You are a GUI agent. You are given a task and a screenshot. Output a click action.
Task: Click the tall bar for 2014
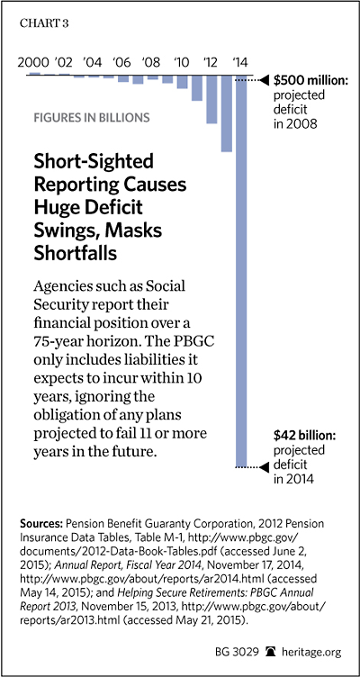241,271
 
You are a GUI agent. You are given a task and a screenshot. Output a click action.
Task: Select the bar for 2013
227,113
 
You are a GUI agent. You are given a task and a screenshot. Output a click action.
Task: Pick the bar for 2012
211,99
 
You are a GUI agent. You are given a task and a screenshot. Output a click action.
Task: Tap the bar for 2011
197,88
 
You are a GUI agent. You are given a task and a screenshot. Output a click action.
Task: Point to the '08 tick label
150,62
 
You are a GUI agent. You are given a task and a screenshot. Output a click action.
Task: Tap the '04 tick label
92,62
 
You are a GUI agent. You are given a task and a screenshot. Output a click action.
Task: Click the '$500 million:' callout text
310,80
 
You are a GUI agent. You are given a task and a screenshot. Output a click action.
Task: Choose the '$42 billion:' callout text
305,437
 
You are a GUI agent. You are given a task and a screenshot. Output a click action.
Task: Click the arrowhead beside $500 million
265,80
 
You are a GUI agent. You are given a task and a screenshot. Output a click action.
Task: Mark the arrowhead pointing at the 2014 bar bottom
265,466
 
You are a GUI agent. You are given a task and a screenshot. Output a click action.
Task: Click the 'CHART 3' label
44,23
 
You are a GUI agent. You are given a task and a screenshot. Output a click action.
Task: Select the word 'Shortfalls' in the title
76,254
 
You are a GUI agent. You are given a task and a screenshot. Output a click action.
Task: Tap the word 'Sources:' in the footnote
41,524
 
